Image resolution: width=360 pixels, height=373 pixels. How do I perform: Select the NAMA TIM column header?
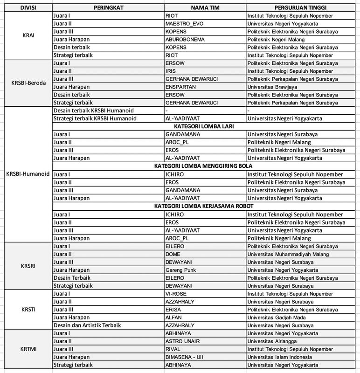[x=205, y=8]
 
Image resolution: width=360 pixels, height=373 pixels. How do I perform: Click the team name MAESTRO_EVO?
[x=184, y=23]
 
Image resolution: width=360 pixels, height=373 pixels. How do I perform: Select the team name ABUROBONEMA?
[x=185, y=39]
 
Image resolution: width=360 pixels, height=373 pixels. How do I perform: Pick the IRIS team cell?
[x=171, y=71]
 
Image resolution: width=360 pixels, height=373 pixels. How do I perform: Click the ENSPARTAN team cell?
[x=180, y=87]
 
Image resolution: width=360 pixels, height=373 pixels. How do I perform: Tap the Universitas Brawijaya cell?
[x=276, y=87]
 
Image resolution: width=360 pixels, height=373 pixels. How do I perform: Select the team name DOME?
[x=173, y=254]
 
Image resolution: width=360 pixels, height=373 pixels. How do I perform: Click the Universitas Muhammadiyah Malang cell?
[x=288, y=254]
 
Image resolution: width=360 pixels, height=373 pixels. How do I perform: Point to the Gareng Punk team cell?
[x=180, y=270]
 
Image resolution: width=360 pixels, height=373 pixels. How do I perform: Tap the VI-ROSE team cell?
[x=176, y=294]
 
